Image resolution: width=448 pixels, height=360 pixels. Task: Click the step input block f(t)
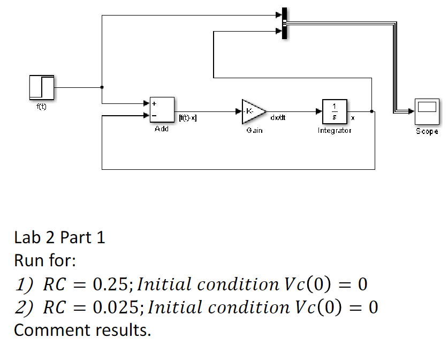click(41, 87)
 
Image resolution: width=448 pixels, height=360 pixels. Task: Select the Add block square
click(162, 110)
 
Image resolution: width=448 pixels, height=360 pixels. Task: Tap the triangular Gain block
click(253, 111)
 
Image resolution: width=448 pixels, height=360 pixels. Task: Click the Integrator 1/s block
click(334, 111)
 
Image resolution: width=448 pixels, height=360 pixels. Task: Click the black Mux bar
click(285, 24)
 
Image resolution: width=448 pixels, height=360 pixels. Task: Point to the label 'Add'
click(161, 129)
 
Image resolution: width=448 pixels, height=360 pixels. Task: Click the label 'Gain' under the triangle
click(254, 130)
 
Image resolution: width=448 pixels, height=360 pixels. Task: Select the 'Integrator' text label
click(335, 130)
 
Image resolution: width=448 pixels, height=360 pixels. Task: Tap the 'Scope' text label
click(427, 131)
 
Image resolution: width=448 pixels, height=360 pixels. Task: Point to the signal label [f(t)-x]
click(187, 117)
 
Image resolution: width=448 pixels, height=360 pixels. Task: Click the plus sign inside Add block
click(154, 104)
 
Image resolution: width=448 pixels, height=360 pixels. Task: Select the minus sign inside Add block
click(154, 116)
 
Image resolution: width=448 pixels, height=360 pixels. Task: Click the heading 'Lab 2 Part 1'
click(59, 237)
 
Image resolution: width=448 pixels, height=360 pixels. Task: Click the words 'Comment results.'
click(82, 331)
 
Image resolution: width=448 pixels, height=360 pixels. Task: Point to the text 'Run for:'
click(45, 261)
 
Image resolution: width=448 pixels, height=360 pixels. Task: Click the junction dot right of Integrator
click(371, 111)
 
